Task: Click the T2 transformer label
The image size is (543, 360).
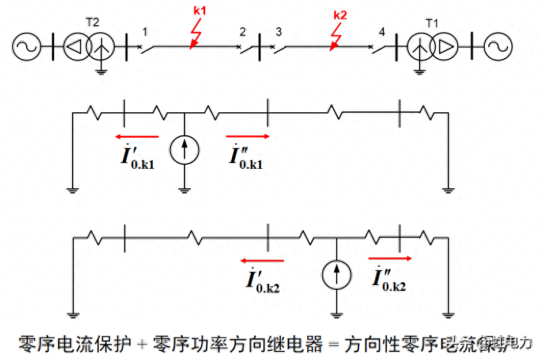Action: [92, 22]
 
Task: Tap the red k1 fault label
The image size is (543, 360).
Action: [199, 11]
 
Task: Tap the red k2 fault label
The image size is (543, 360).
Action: [341, 15]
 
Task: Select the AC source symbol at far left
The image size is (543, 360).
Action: [26, 47]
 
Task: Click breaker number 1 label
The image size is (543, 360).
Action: [145, 31]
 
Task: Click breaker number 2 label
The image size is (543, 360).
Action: [243, 31]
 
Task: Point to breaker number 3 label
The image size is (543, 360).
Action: [278, 31]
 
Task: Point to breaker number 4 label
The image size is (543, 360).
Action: [382, 31]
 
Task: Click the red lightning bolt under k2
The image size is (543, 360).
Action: [335, 38]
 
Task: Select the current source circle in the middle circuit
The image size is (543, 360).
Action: [184, 150]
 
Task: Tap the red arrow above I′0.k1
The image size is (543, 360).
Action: [137, 137]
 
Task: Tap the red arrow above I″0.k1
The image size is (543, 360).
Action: [247, 137]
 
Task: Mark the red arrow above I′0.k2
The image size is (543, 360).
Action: [262, 261]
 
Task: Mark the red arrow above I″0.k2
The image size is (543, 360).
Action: [390, 259]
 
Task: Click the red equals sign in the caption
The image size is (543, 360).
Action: [333, 344]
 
